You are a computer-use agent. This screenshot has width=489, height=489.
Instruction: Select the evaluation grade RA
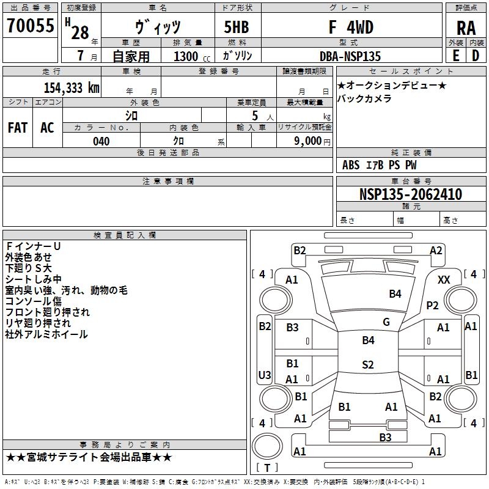[x=466, y=28]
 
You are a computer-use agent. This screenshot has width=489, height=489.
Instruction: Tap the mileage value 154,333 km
[x=72, y=87]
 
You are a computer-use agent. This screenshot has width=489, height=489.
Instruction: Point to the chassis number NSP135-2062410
[x=410, y=194]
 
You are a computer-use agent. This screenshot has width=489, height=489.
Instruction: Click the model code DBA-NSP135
[x=350, y=56]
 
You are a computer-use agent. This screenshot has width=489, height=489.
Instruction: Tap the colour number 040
[x=101, y=141]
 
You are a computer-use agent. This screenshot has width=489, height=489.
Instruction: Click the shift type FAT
[x=17, y=127]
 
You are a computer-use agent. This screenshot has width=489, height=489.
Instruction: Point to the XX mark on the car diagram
[x=444, y=279]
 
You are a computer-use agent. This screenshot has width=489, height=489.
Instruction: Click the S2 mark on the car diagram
[x=367, y=365]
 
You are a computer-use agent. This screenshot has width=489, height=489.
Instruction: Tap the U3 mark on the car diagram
[x=265, y=375]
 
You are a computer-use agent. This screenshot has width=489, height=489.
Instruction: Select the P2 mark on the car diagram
[x=433, y=306]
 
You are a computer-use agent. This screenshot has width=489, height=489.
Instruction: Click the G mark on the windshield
[x=386, y=322]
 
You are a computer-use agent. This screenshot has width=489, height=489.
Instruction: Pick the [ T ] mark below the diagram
[x=267, y=468]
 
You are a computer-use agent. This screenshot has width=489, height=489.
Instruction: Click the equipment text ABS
[x=351, y=165]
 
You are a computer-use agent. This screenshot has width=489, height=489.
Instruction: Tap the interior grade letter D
[x=475, y=55]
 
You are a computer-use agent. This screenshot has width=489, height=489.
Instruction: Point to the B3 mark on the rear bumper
[x=385, y=437]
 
